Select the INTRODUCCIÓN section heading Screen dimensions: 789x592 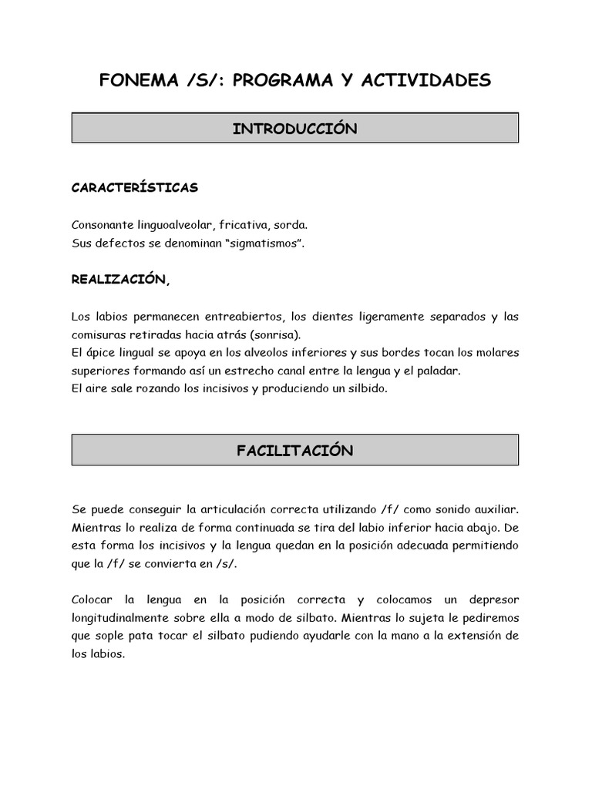coord(294,129)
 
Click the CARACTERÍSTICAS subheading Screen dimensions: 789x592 coord(135,187)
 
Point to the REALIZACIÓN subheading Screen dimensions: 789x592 coord(119,280)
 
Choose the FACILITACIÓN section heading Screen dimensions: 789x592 coord(294,451)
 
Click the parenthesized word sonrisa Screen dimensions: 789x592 coord(277,335)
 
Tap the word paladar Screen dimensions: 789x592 coord(436,371)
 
